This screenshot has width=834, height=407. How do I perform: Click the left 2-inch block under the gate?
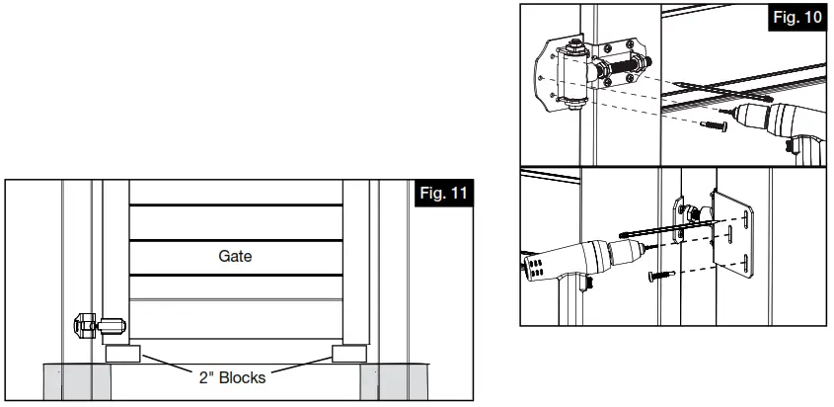(x=121, y=353)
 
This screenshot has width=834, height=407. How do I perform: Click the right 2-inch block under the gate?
(x=350, y=353)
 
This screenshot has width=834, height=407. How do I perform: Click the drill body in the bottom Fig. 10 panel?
(x=568, y=262)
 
